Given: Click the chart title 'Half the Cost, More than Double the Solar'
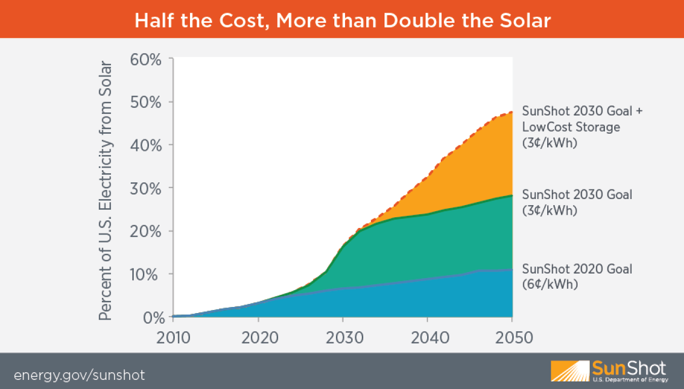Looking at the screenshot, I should coord(342,20).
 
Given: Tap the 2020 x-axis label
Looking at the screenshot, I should coord(259,337).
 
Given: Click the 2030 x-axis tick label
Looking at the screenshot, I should coord(344,337).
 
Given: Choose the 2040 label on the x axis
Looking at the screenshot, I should coord(428,337).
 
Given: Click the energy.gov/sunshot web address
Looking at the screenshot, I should coord(80,375).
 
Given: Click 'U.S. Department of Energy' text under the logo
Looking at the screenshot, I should coord(630,379).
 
